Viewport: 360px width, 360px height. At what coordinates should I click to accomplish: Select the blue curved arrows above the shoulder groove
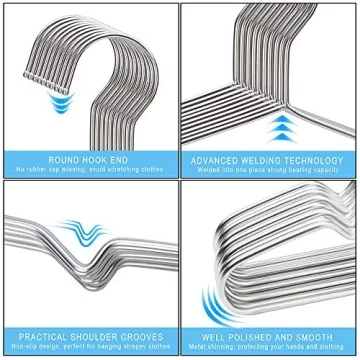[105, 233]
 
